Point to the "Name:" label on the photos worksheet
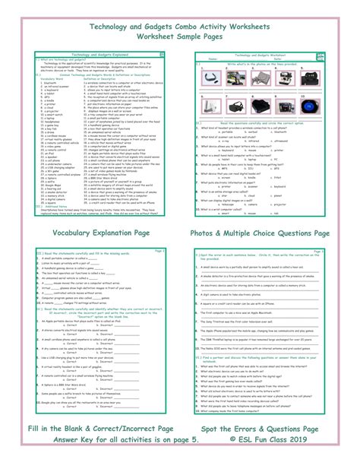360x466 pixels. (213, 59)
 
